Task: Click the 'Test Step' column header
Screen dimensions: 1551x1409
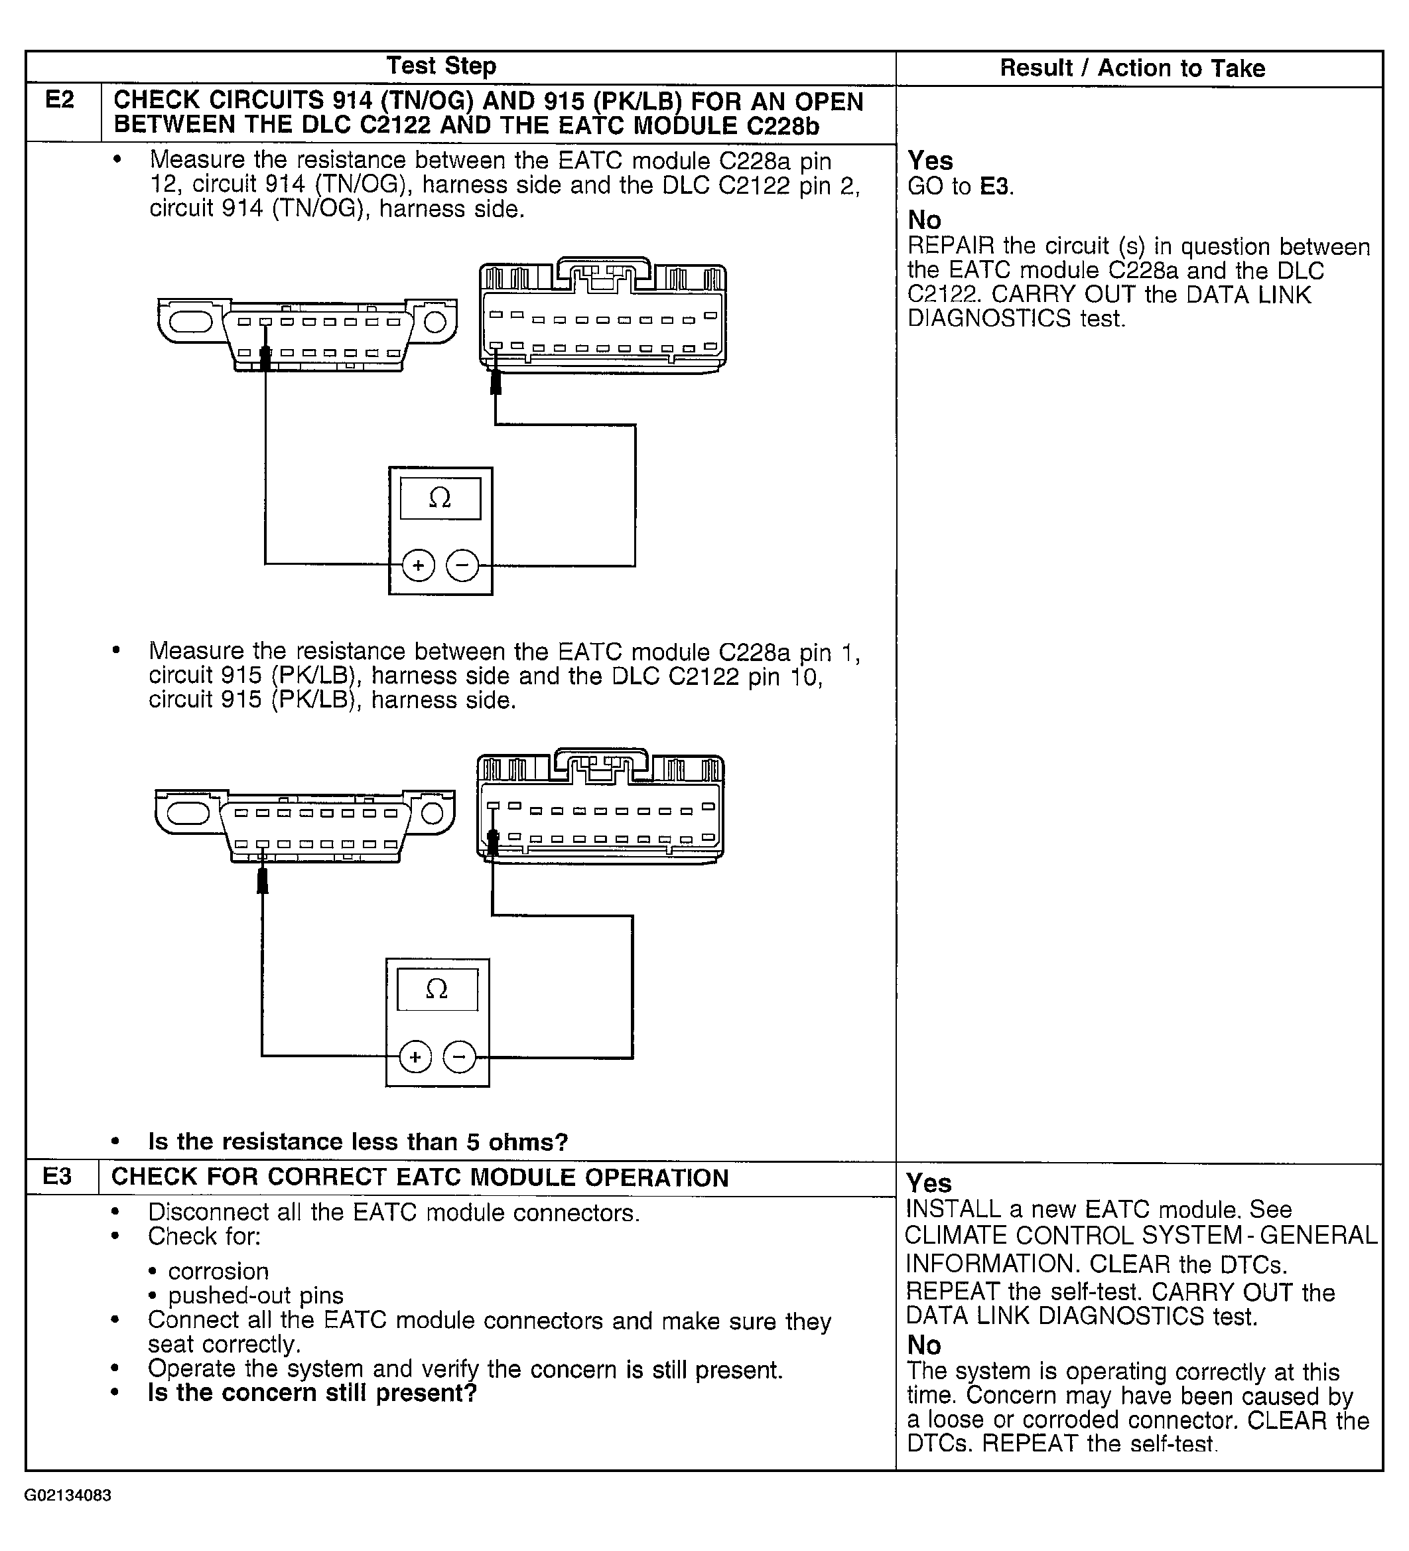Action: [440, 66]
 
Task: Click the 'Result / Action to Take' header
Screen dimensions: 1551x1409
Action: [1132, 68]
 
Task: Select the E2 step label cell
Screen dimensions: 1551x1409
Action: [61, 100]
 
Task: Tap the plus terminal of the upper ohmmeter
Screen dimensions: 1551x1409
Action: [419, 566]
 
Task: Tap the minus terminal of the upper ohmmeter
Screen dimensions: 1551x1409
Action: [462, 566]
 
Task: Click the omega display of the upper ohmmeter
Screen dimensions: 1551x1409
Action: [440, 498]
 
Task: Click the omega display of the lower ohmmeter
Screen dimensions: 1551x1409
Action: [437, 989]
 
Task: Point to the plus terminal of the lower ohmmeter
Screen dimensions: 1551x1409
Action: [415, 1057]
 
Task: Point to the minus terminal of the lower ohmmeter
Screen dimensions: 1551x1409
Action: [459, 1057]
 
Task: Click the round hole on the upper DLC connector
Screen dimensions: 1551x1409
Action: [435, 322]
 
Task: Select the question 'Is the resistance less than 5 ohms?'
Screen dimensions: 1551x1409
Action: [358, 1142]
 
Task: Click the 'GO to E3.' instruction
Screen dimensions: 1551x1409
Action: [961, 186]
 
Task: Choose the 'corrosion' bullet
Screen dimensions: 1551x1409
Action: [218, 1271]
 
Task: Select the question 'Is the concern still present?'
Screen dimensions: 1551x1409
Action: [312, 1392]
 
